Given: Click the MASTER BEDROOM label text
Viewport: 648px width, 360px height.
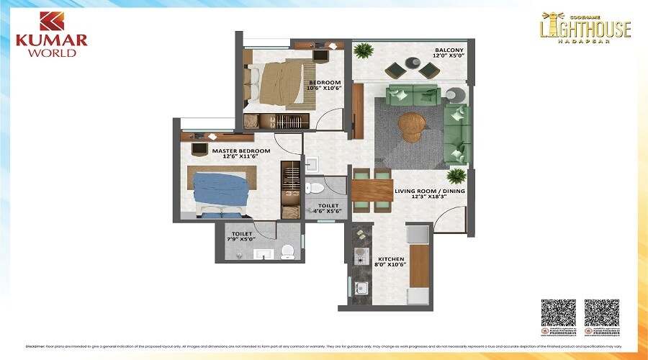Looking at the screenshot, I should coord(241,150).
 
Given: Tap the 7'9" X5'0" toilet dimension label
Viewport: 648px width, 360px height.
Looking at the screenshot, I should coord(240,238).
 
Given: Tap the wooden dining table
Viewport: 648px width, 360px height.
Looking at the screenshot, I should coord(372,190).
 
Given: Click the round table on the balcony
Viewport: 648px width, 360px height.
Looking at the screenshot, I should coord(414,63).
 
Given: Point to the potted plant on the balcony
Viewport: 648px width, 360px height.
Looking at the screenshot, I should coord(364,51).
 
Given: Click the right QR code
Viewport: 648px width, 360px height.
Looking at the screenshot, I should coord(601,314).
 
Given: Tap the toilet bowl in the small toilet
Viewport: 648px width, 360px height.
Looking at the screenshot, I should coord(315,189).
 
